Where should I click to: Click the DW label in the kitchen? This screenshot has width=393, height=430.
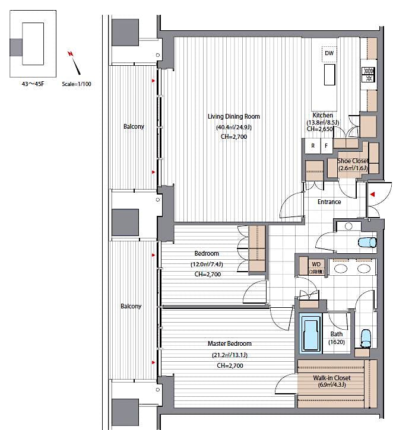pyautogui.click(x=329, y=53)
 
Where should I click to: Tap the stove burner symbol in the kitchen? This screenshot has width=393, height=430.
pyautogui.click(x=368, y=74)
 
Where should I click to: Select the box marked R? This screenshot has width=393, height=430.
pyautogui.click(x=312, y=145)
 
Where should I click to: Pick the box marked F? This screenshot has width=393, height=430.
pyautogui.click(x=325, y=145)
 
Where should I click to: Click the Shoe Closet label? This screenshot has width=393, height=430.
pyautogui.click(x=353, y=161)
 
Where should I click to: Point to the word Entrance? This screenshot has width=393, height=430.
pyautogui.click(x=329, y=202)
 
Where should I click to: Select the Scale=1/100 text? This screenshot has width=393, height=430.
pyautogui.click(x=77, y=84)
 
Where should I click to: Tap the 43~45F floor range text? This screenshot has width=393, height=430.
pyautogui.click(x=33, y=84)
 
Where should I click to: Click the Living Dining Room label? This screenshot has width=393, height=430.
pyautogui.click(x=233, y=116)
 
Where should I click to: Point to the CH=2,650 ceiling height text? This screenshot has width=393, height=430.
pyautogui.click(x=322, y=129)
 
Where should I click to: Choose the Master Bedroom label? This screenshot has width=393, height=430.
pyautogui.click(x=229, y=343)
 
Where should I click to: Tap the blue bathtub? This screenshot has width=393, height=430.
pyautogui.click(x=310, y=335)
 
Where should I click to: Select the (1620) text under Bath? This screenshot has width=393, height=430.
pyautogui.click(x=337, y=342)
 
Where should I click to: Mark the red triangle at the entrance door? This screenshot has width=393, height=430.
pyautogui.click(x=372, y=194)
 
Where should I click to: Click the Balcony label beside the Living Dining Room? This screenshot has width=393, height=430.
pyautogui.click(x=134, y=126)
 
